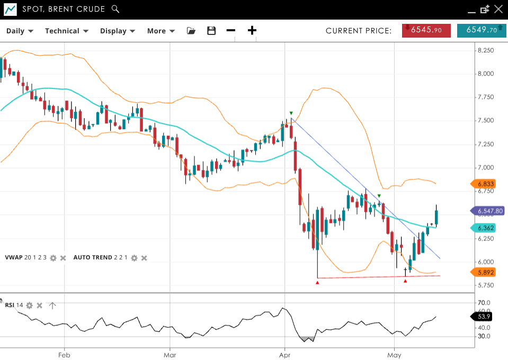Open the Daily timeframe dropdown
pyautogui.click(x=20, y=31)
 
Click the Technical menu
pyautogui.click(x=66, y=31)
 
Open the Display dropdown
pyautogui.click(x=118, y=31)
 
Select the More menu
pyautogui.click(x=161, y=31)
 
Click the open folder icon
pyautogui.click(x=191, y=31)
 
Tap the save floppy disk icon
pyautogui.click(x=211, y=31)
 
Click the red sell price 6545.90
pyautogui.click(x=426, y=30)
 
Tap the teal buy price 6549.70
pyautogui.click(x=481, y=30)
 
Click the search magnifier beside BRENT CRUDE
pyautogui.click(x=115, y=9)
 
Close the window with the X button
pyautogui.click(x=498, y=9)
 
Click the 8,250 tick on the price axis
pyautogui.click(x=486, y=50)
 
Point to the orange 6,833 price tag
pyautogui.click(x=485, y=184)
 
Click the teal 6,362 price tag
pyautogui.click(x=485, y=228)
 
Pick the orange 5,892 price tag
pyautogui.click(x=485, y=272)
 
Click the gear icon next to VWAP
pyautogui.click(x=53, y=258)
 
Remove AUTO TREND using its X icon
pyautogui.click(x=144, y=258)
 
